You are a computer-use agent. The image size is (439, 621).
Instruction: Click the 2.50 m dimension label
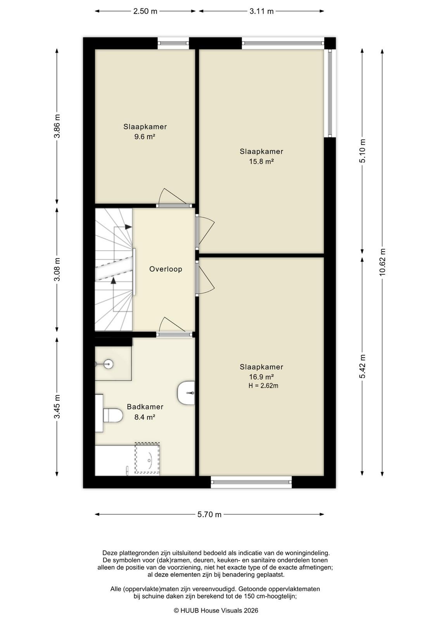coord(145,11)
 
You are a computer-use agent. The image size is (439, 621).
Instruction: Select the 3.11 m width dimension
coord(261,11)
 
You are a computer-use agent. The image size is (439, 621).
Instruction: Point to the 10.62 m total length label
coord(382,262)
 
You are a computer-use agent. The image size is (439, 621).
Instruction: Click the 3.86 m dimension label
coord(57,126)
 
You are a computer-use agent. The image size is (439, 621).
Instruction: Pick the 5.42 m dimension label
coord(363,366)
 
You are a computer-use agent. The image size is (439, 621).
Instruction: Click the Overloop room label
coord(166,269)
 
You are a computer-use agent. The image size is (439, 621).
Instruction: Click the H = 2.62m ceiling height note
coord(263,386)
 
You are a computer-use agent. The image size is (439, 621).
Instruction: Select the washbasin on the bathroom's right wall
coord(186,393)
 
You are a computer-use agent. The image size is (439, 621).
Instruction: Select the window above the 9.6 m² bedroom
coord(173,43)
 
